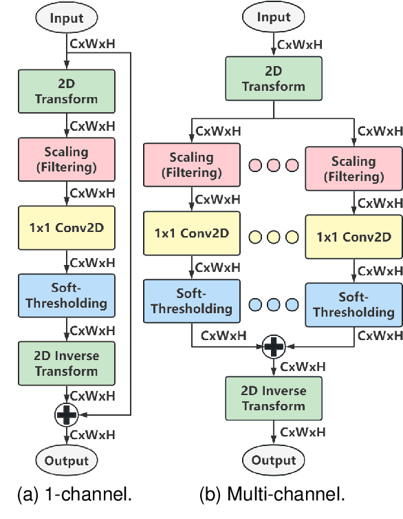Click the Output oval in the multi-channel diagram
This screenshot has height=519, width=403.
point(274,460)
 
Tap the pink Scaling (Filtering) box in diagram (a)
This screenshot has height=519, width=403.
point(67,159)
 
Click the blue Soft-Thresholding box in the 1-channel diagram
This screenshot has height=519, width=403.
point(67,295)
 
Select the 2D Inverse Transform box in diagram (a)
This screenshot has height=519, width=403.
point(67,363)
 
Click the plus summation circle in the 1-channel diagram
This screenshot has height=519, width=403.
point(67,414)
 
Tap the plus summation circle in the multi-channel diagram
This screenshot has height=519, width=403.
point(274,346)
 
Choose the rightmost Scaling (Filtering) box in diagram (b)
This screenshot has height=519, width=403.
point(353,168)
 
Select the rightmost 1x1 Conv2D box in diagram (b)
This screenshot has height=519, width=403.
point(353,236)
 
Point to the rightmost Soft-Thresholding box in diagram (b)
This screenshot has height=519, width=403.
point(353,304)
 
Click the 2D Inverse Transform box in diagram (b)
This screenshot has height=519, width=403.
point(274,398)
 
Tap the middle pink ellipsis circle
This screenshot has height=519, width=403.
point(273,166)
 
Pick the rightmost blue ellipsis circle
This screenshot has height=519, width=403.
point(292,304)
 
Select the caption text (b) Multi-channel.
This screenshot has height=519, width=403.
point(272,494)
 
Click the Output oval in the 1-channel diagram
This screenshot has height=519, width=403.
point(67,460)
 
